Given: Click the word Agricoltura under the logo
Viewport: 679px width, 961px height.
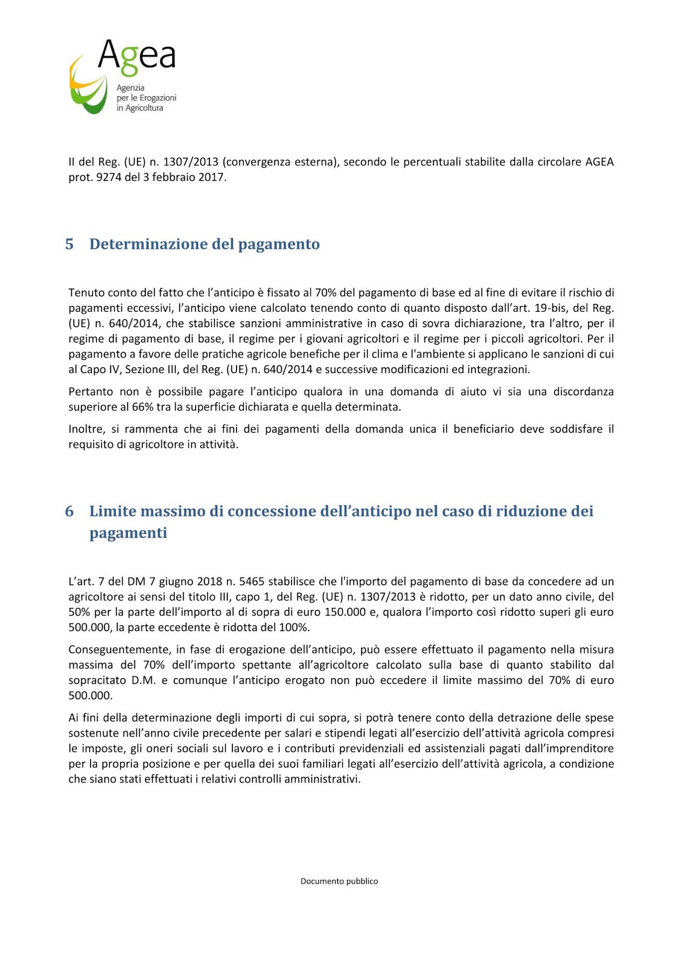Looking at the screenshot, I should click(x=144, y=108).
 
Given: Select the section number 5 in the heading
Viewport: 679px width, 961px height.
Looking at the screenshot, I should click(x=70, y=244).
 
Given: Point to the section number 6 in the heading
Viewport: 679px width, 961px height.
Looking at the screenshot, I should click(x=70, y=511).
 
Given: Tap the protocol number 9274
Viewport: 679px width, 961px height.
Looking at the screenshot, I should click(x=109, y=177).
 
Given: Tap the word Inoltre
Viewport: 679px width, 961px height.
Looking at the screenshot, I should click(x=86, y=429).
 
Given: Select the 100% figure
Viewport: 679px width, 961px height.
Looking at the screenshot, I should click(x=294, y=628).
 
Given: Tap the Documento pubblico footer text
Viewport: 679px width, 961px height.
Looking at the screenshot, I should click(x=339, y=881).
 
